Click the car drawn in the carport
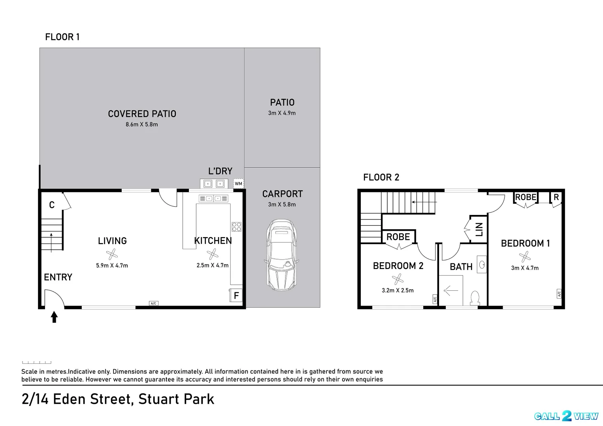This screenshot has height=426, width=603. click(x=282, y=255)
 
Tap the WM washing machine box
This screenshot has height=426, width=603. click(x=238, y=183)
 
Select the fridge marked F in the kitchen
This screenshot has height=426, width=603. click(x=236, y=295)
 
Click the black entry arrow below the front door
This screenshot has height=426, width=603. click(x=54, y=317)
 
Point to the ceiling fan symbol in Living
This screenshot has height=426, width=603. click(x=112, y=254)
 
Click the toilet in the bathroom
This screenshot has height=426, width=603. click(x=475, y=298)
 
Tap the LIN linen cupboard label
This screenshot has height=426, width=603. click(x=479, y=229)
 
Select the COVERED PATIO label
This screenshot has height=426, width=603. click(x=142, y=114)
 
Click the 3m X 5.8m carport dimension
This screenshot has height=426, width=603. click(x=282, y=204)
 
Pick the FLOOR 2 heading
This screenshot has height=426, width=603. click(x=381, y=177)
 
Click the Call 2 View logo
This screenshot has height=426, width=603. click(x=566, y=416)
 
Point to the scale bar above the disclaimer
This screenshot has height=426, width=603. click(x=36, y=362)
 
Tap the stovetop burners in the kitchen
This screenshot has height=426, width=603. click(x=236, y=227)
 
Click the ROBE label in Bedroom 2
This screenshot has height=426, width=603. click(x=398, y=237)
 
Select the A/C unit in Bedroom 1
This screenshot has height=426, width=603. click(x=559, y=294)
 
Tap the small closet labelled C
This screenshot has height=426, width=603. click(x=52, y=205)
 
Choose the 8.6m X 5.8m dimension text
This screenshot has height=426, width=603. click(x=141, y=124)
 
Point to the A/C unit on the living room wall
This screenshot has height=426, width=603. click(x=154, y=303)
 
